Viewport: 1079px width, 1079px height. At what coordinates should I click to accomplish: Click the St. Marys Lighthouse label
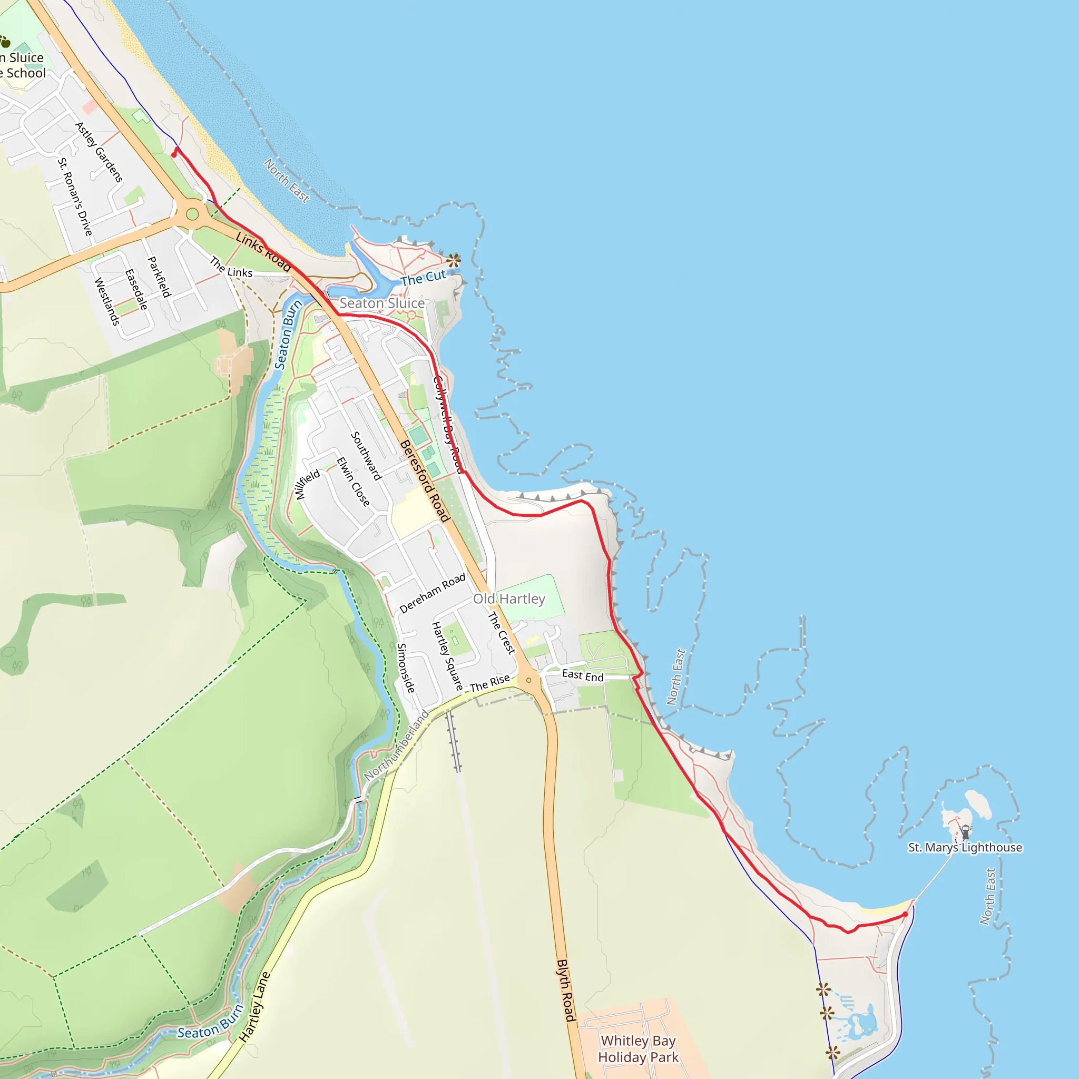point(965,847)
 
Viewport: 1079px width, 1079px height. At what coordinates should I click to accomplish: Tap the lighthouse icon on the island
point(966,832)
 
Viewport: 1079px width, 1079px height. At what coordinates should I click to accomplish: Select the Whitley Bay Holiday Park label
point(639,1049)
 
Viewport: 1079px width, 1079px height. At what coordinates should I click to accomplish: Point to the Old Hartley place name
point(509,599)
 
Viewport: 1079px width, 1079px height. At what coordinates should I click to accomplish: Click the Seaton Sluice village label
point(382,303)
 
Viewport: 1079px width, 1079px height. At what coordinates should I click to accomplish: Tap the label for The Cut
point(424,278)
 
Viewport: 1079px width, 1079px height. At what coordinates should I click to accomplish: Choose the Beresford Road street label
point(425,481)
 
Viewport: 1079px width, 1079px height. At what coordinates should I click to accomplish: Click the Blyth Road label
point(565,990)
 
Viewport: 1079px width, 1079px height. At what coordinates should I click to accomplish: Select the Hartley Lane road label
point(254,1007)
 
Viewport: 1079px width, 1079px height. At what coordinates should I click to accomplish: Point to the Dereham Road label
point(433,593)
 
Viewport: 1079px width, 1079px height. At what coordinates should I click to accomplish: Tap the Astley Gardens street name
point(99,152)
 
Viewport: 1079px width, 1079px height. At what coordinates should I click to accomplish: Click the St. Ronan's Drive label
point(75,197)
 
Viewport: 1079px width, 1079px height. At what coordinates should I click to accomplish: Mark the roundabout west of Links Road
point(193,214)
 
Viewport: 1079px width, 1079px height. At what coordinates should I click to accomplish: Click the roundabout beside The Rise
point(528,680)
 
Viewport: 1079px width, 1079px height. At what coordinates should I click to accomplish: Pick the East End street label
point(583,675)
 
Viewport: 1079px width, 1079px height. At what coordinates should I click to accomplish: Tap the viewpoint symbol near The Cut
point(454,260)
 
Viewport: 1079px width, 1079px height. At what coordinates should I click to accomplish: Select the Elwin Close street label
point(353,482)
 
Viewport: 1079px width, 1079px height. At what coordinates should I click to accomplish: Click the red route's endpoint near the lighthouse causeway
point(905,914)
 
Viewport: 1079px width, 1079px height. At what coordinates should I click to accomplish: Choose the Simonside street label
point(406,668)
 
